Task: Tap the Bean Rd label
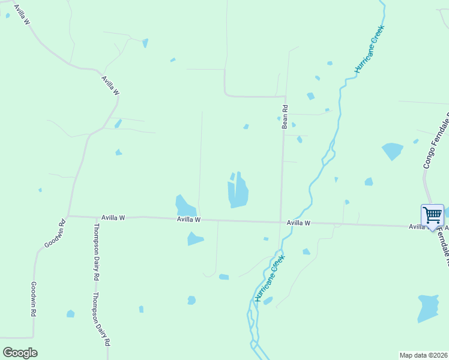click(x=285, y=116)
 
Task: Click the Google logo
click(x=20, y=353)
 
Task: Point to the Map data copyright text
click(x=423, y=355)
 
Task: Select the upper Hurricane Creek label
click(x=368, y=49)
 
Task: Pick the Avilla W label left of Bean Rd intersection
click(x=188, y=220)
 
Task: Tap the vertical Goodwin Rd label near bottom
click(x=34, y=299)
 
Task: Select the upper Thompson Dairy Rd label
click(x=95, y=252)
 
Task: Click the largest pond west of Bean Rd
click(x=238, y=192)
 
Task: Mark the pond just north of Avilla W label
click(x=185, y=206)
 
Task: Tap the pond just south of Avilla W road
click(x=194, y=238)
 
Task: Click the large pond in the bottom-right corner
click(x=429, y=308)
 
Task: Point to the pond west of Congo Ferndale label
click(x=393, y=151)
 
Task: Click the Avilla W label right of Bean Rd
click(x=298, y=223)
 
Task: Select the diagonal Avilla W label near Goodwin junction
click(x=110, y=85)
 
